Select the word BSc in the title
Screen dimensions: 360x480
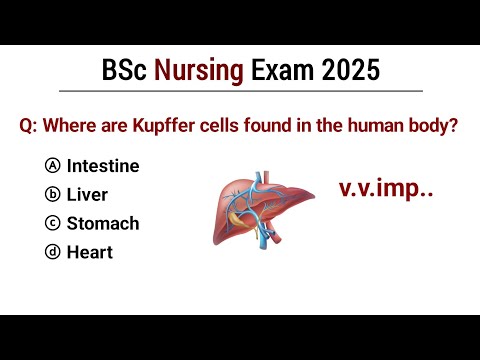coord(124,72)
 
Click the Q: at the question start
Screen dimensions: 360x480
coord(29,128)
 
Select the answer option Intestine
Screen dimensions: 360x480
coord(102,166)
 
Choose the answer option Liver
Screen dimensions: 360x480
coord(87,195)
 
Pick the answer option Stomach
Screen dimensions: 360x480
coord(102,224)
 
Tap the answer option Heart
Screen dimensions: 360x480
coord(89,253)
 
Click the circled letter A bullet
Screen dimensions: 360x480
coord(53,166)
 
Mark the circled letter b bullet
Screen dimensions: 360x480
coord(53,195)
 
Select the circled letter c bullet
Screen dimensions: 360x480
coord(53,224)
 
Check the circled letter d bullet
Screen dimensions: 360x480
coord(53,253)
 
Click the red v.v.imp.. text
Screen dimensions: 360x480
coord(384,187)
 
